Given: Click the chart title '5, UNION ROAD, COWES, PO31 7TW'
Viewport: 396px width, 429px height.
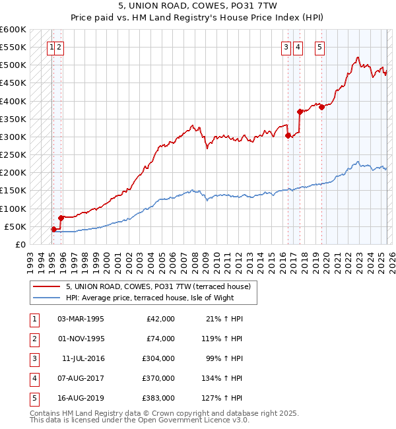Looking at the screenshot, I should (198, 7).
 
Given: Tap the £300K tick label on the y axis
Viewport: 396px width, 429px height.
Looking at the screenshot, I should (13, 137).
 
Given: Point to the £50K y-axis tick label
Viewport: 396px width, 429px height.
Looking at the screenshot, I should (15, 226).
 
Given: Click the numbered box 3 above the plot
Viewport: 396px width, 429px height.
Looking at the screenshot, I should (286, 47).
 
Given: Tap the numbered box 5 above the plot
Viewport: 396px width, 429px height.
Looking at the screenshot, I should (319, 47).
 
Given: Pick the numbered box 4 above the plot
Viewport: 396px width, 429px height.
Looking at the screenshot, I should (298, 47).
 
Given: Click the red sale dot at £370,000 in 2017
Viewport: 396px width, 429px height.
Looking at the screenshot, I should (300, 112).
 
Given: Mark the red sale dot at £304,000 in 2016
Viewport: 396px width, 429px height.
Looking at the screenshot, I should (288, 135).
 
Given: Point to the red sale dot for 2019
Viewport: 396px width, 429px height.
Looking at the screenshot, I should (322, 107).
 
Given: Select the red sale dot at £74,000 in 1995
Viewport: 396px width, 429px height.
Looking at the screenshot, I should (61, 218).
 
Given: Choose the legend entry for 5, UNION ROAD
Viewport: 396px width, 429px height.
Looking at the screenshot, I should (158, 287).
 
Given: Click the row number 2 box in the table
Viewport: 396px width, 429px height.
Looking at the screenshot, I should (33, 339).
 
